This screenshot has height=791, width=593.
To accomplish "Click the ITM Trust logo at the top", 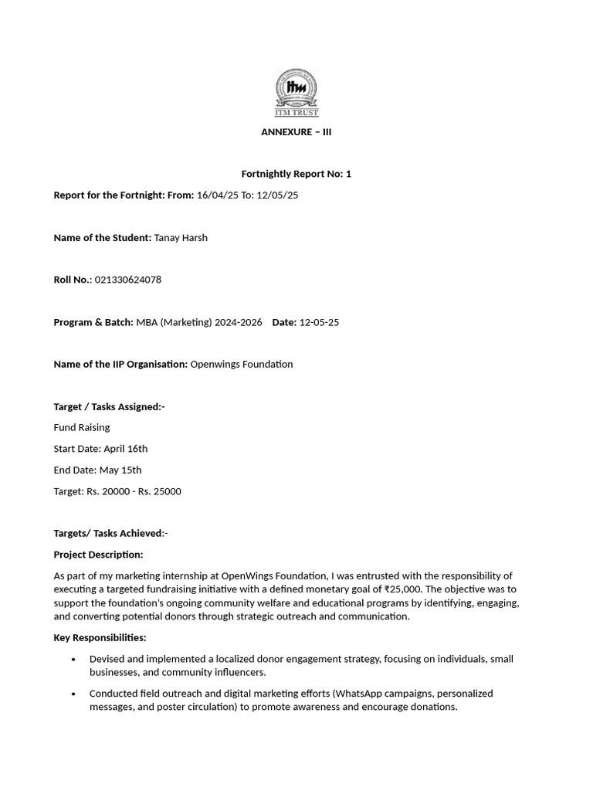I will [x=296, y=92].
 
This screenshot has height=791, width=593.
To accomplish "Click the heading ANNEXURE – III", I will [x=296, y=132].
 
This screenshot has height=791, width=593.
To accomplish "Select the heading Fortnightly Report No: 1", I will [x=296, y=174].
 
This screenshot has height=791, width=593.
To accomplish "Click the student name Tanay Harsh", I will [x=181, y=238].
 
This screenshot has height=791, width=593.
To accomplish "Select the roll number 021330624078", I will [x=128, y=280].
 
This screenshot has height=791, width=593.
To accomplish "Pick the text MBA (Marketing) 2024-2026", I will [x=199, y=322].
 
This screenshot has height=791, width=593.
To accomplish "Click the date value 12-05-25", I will [x=319, y=322].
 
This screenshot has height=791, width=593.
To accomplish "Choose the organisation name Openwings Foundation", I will [x=242, y=365].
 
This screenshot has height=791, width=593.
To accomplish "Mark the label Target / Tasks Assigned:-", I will [x=109, y=406].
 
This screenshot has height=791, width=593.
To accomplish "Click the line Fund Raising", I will [x=82, y=427].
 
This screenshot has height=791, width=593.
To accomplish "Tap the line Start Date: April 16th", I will [x=100, y=449].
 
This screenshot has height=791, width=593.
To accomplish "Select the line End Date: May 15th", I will [x=97, y=470].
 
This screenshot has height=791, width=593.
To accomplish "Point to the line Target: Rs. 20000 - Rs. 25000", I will [x=117, y=491].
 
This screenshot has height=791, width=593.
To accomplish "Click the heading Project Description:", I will [x=98, y=555].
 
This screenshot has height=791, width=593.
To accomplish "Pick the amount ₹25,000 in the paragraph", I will [x=400, y=589].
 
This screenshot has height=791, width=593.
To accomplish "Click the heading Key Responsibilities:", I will [x=100, y=638].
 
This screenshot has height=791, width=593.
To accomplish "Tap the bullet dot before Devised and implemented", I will [x=73, y=659].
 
